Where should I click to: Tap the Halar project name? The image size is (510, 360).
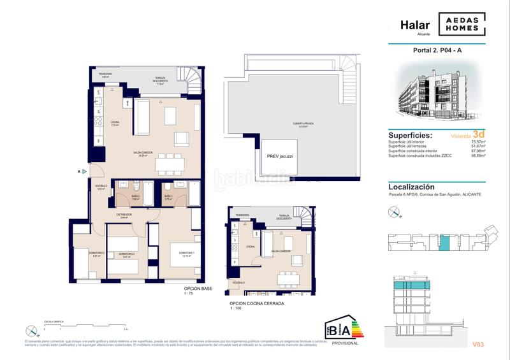(414, 25)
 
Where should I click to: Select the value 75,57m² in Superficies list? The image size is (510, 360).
(477, 142)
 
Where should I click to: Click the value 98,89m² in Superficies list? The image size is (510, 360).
(477, 155)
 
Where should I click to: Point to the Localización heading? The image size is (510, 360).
(411, 187)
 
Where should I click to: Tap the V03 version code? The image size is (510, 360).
(478, 345)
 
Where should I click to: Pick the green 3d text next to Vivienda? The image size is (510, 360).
(479, 134)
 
